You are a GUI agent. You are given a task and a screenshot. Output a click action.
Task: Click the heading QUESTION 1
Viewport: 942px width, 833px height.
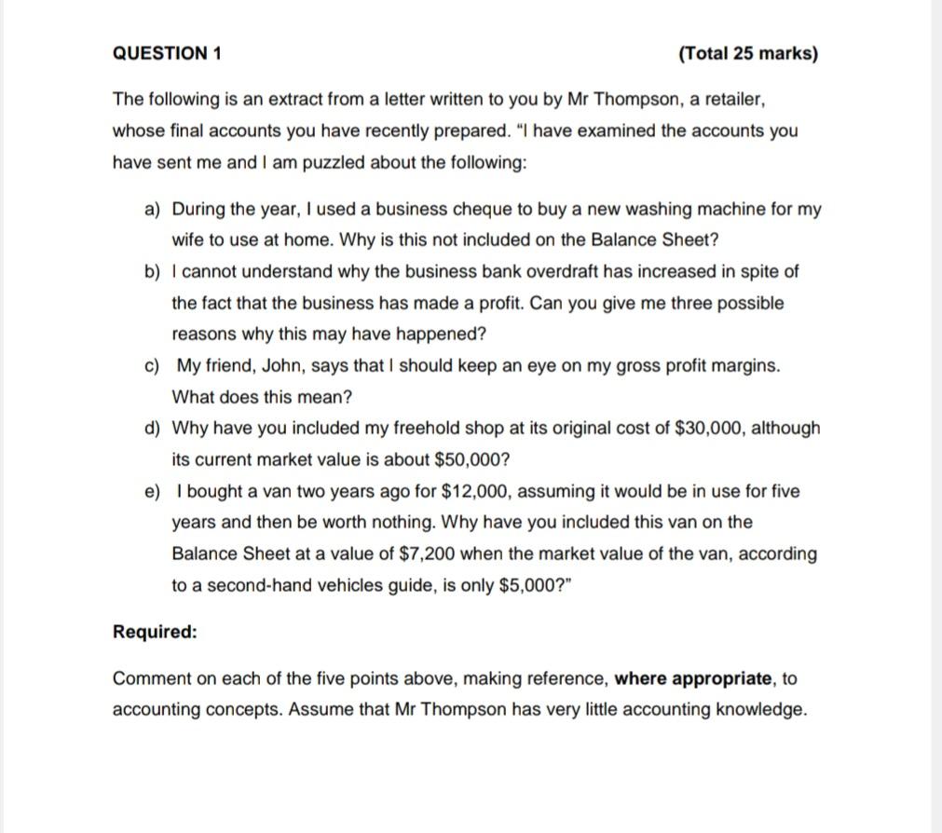(x=167, y=53)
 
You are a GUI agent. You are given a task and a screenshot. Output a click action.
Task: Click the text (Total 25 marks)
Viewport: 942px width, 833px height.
(x=748, y=53)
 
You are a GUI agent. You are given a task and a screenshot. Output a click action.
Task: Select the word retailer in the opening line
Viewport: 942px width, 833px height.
(x=733, y=99)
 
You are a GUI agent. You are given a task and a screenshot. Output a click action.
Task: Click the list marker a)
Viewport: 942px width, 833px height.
(x=153, y=209)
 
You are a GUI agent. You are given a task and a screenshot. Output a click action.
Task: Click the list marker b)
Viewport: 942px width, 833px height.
(x=153, y=272)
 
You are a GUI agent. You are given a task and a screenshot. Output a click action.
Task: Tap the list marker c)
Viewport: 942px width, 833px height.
(x=153, y=366)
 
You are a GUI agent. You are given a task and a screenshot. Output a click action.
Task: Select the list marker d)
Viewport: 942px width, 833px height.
(x=153, y=429)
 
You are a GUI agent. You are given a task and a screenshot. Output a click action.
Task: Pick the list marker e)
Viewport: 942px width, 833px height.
(x=153, y=491)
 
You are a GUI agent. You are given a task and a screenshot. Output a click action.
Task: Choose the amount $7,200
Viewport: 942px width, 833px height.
(x=426, y=553)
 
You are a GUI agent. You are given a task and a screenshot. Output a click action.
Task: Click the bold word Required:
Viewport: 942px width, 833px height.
(x=155, y=632)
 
